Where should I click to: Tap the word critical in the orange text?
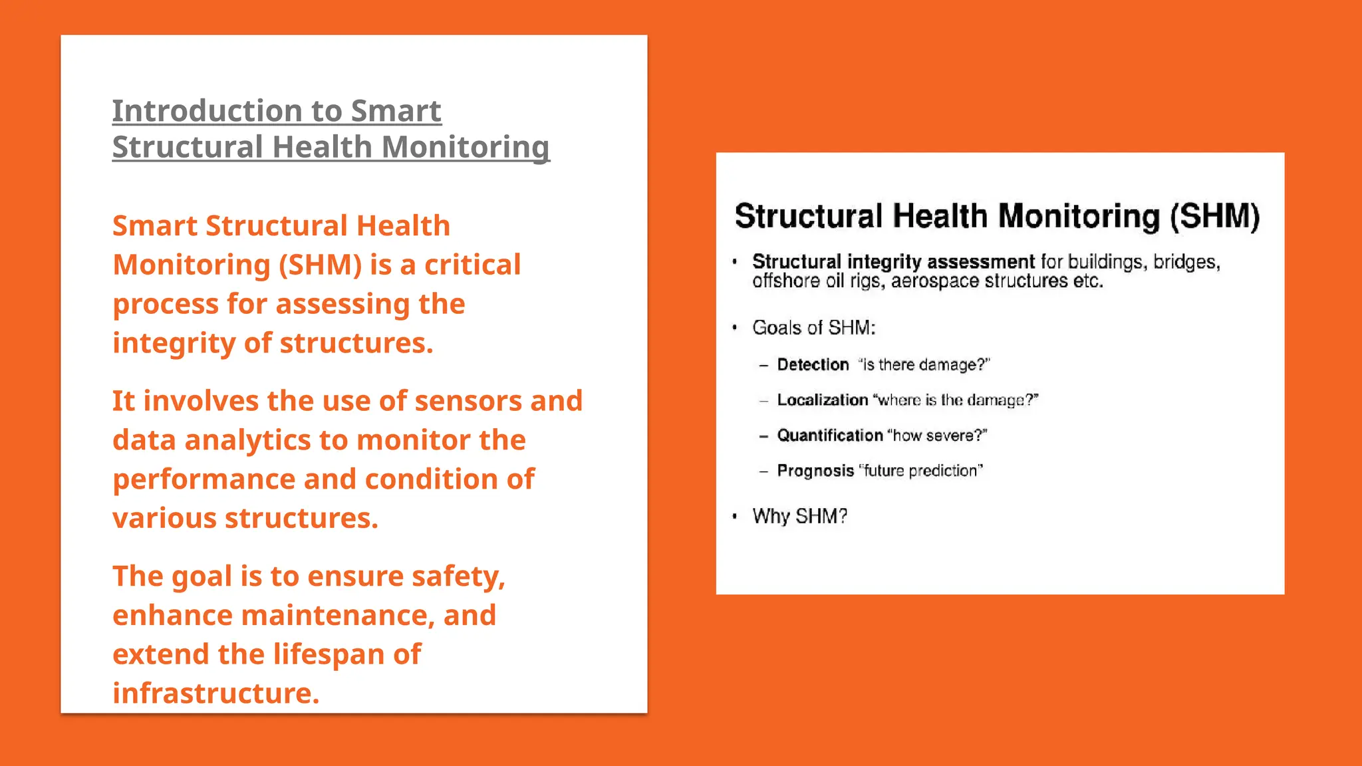(472, 265)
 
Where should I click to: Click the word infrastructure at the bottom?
(215, 694)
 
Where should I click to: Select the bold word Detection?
(813, 364)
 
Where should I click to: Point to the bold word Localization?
(822, 400)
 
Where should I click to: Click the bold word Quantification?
(829, 436)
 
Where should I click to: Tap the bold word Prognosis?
(815, 471)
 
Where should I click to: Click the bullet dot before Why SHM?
(735, 516)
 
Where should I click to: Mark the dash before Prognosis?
(764, 471)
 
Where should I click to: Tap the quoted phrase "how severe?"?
(937, 436)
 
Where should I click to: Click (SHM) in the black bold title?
(1214, 217)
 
